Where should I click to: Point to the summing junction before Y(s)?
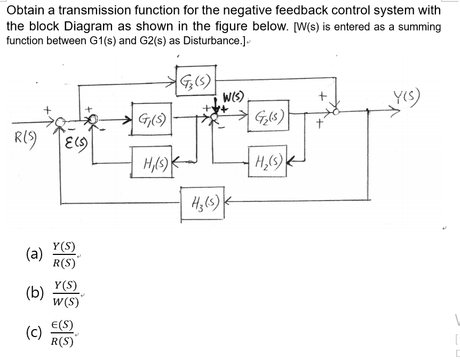coord(337,112)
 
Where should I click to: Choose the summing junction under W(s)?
coord(213,121)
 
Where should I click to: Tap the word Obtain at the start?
coord(24,10)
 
